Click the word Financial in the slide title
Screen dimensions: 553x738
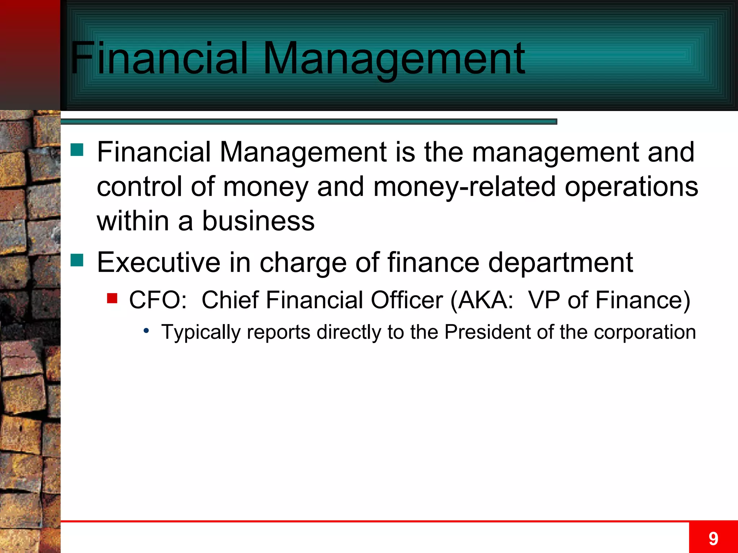[159, 58]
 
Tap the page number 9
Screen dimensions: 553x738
[713, 539]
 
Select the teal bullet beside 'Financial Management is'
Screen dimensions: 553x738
[77, 150]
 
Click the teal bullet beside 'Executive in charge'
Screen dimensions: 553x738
[77, 260]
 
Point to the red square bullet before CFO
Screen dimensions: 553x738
[112, 298]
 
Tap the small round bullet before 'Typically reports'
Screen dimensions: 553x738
[146, 331]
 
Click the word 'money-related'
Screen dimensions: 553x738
[464, 186]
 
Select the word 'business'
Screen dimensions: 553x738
[258, 221]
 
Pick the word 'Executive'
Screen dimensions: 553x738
[159, 262]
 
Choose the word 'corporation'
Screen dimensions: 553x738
[645, 332]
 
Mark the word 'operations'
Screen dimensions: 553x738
[631, 187]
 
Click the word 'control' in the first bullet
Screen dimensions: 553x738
[139, 186]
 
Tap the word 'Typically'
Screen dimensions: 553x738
[200, 332]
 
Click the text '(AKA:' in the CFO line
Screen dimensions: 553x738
[482, 300]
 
